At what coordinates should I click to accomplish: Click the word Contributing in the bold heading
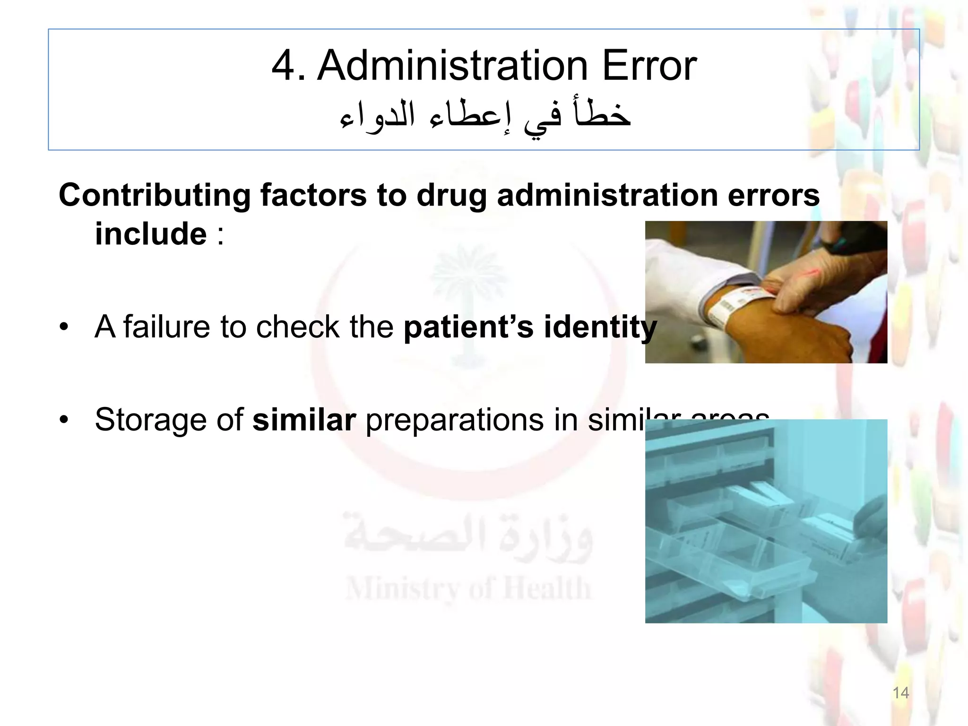click(154, 195)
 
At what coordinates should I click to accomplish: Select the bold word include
click(151, 233)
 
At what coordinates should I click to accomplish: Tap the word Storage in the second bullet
click(151, 420)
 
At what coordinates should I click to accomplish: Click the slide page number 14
click(900, 693)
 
